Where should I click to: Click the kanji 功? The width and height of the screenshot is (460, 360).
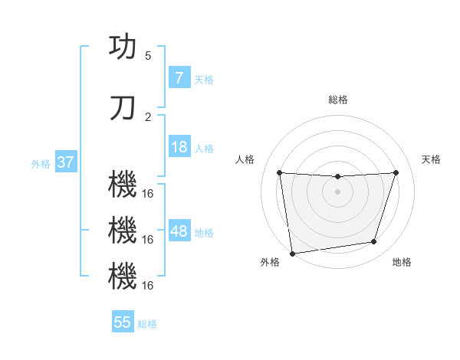[123, 47]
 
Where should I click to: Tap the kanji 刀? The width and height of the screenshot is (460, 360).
[123, 108]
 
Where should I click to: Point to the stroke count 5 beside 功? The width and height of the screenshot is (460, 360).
[148, 55]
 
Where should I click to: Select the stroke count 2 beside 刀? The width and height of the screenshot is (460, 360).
[148, 116]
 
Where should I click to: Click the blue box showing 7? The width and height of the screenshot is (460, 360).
[179, 78]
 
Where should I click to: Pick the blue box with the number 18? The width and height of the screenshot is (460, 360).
[179, 147]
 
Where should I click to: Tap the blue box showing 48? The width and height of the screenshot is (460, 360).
[179, 231]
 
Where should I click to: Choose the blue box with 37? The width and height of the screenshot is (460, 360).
[65, 162]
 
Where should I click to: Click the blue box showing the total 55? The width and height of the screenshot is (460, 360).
[123, 322]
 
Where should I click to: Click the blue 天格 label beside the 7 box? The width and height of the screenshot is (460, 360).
[204, 79]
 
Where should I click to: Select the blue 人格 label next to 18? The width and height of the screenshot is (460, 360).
[204, 148]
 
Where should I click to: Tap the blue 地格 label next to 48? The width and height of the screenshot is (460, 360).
[204, 232]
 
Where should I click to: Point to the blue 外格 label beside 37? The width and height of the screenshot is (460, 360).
[41, 163]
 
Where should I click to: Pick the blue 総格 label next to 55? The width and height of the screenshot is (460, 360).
[147, 323]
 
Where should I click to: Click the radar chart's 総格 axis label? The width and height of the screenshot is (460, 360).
[337, 100]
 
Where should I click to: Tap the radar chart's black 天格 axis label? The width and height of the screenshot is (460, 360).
[431, 159]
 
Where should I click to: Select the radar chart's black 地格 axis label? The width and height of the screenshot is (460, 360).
[402, 262]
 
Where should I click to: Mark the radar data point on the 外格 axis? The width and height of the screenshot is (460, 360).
[292, 253]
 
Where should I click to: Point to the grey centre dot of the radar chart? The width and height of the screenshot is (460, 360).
[337, 191]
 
